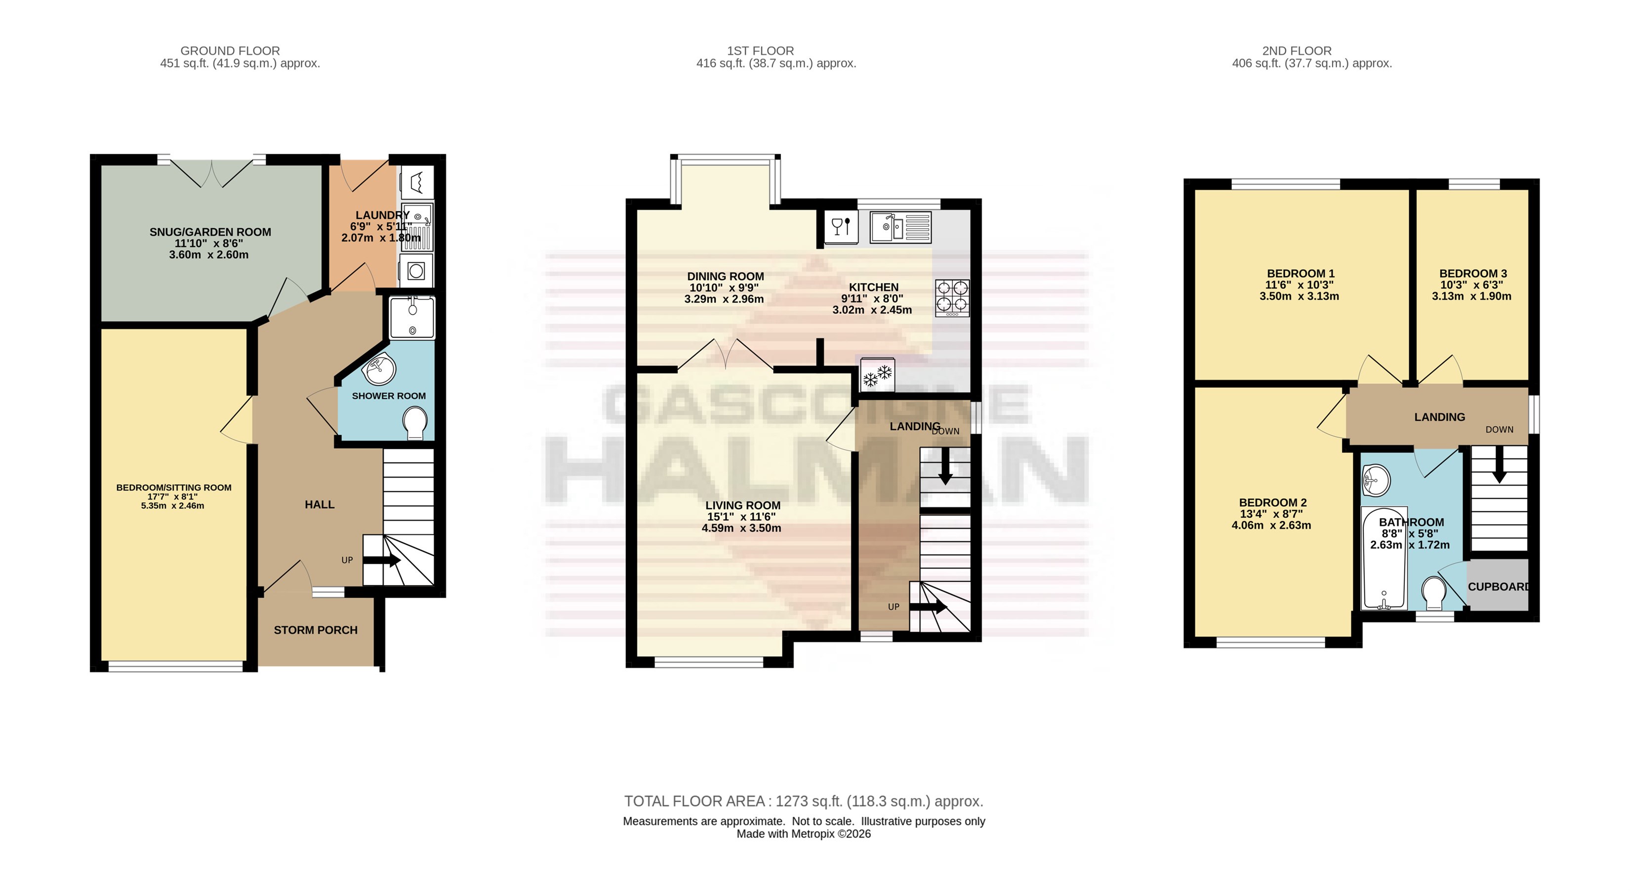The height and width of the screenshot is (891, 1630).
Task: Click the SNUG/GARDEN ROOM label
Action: tap(210, 232)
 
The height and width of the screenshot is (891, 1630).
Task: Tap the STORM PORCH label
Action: tap(316, 630)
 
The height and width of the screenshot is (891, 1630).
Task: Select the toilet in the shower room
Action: tap(414, 423)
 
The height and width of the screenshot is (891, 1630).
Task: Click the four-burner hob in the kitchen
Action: tap(952, 298)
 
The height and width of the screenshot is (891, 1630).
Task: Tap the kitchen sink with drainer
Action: tap(900, 227)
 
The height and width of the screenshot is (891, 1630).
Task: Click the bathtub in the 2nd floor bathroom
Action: tap(1384, 558)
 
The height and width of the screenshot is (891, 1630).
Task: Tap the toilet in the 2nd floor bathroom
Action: tap(1433, 593)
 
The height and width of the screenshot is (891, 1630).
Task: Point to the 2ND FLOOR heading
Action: tap(1297, 50)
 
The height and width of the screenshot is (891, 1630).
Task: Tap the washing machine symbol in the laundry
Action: tap(416, 271)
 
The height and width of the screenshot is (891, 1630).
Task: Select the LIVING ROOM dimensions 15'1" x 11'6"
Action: tap(741, 517)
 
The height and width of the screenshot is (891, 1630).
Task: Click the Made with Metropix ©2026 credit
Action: tap(804, 834)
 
